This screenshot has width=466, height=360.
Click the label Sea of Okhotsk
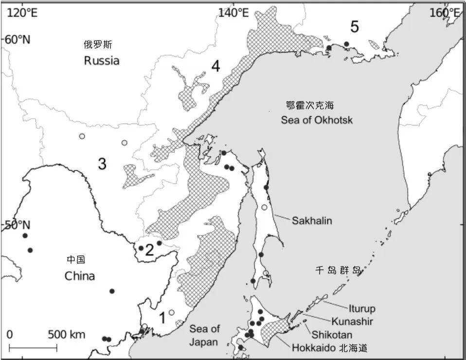click(x=316, y=120)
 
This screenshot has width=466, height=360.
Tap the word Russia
click(x=102, y=61)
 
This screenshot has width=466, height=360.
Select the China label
click(x=80, y=276)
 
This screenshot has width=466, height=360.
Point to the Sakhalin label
click(x=312, y=220)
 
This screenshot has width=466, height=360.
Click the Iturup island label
click(x=362, y=308)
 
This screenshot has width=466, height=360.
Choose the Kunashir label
click(x=353, y=321)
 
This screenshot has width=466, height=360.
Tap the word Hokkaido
click(x=313, y=348)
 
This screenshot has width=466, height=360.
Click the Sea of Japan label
click(x=204, y=335)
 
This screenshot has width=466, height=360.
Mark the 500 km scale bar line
click(x=33, y=347)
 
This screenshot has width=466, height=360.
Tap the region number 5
click(x=355, y=27)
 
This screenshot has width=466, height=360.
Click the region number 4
click(x=215, y=66)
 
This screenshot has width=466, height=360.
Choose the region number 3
click(x=102, y=164)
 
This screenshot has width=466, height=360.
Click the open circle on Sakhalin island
click(x=264, y=207)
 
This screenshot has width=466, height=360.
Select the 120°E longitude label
click(x=22, y=12)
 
